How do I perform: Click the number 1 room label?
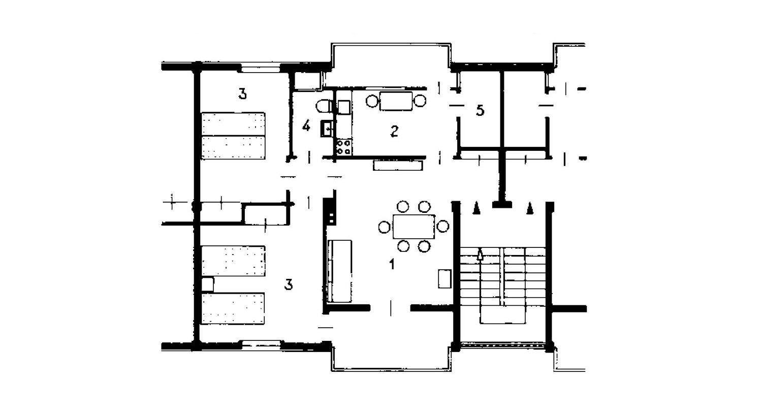pos(392,264)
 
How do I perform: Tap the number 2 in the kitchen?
pos(394,131)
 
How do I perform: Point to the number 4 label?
pos(306,126)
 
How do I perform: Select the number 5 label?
pos(480,110)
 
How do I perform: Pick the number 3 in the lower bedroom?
pos(289,284)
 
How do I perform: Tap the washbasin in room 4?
pos(327,129)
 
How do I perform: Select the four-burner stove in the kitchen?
pos(343,147)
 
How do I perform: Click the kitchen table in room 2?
pos(396,101)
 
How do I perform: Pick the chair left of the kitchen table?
pos(372,101)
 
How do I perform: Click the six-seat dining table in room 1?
pos(414,227)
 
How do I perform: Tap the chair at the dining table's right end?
pos(442,226)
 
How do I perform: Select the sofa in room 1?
pos(339,271)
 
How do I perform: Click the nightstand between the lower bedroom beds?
pos(207,284)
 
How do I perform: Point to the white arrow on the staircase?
pos(480,254)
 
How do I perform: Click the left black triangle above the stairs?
pos(477,208)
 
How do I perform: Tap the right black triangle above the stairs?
pos(529,208)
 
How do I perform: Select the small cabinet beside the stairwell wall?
pos(444,278)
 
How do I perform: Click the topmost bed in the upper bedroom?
pos(233,124)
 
